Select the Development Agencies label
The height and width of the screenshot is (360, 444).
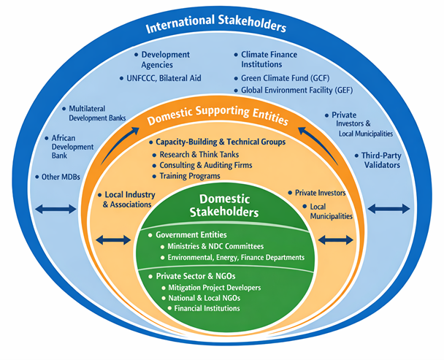click(165, 59)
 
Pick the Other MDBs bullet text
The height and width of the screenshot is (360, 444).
click(61, 177)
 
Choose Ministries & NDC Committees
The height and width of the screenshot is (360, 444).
click(227, 247)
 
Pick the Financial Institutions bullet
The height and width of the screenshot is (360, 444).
click(208, 308)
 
